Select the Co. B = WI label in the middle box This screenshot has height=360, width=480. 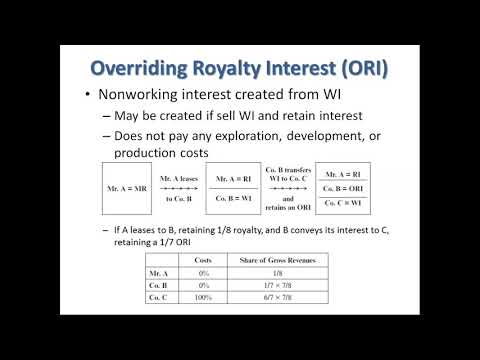(234, 197)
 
